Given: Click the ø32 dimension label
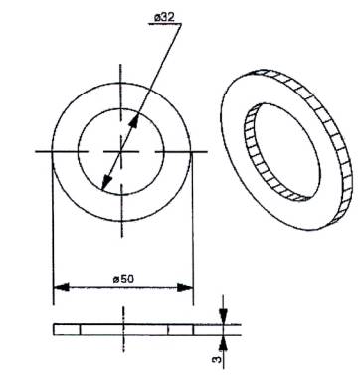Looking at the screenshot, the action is [164, 17].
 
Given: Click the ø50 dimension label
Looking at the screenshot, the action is [123, 280].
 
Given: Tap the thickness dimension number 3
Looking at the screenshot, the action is [216, 359].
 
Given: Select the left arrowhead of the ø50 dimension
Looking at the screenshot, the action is [61, 287].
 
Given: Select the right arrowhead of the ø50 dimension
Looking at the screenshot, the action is [185, 287].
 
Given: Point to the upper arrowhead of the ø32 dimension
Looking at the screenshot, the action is [134, 122].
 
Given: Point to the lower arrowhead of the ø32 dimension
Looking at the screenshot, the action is [106, 182].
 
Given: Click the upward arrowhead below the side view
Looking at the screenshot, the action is [224, 343].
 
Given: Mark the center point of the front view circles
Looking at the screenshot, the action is [121, 151].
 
